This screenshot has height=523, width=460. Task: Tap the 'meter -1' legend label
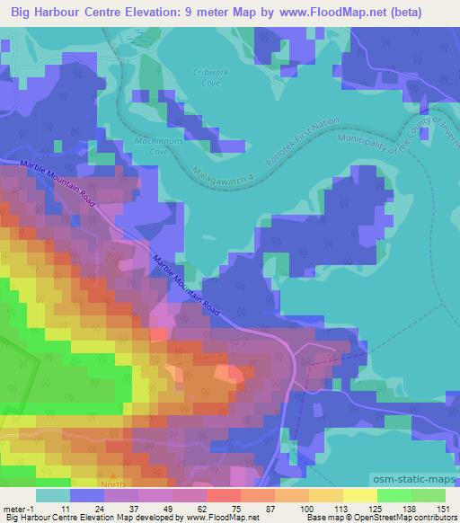coord(20,508)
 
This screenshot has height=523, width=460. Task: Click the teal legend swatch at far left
coord(53,495)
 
